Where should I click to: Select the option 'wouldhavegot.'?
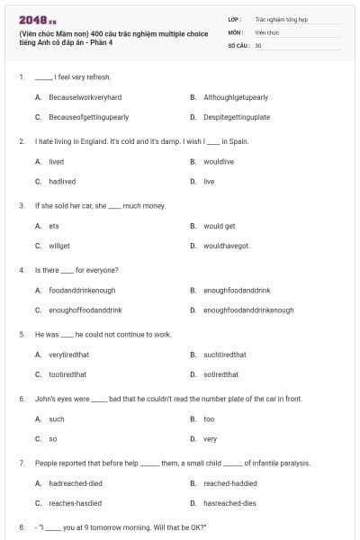[x=227, y=246]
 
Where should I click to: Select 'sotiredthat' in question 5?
[x=220, y=374]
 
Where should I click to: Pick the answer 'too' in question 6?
[x=209, y=419]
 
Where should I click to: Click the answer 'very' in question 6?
[x=210, y=438]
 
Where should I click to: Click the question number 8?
[x=21, y=526]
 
